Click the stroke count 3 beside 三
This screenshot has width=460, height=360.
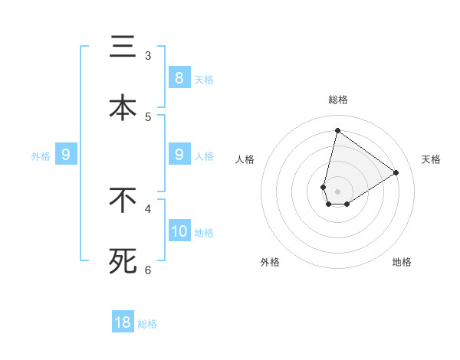click(x=148, y=56)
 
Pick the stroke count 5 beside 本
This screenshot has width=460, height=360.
click(x=148, y=116)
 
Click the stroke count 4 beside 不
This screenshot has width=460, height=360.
click(x=148, y=208)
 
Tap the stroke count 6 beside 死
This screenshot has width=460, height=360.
click(x=148, y=270)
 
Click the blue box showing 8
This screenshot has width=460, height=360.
click(x=179, y=77)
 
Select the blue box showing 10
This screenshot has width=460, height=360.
click(x=179, y=231)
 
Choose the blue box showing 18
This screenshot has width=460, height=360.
click(x=123, y=322)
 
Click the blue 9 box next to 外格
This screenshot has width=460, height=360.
click(x=66, y=155)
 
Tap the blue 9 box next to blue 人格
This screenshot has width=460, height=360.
click(x=179, y=155)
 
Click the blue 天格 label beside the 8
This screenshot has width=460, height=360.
click(x=204, y=79)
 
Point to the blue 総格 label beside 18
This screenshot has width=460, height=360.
click(x=147, y=324)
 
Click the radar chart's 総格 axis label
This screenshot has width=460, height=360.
click(x=337, y=100)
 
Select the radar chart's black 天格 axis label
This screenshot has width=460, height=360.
click(x=431, y=159)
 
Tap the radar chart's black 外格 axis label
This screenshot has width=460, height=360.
click(x=270, y=262)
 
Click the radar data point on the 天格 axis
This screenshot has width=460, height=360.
click(x=396, y=172)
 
